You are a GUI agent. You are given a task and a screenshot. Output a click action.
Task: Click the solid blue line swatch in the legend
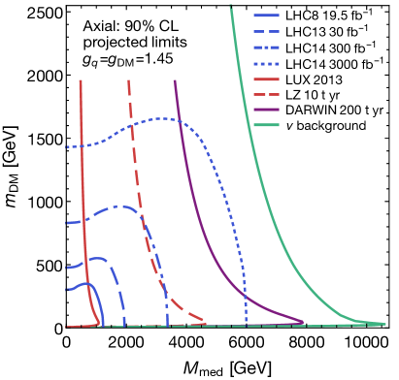click(x=267, y=16)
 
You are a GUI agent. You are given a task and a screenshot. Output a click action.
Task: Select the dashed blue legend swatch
click(x=267, y=32)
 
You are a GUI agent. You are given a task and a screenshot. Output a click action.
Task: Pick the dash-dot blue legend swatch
click(x=267, y=47)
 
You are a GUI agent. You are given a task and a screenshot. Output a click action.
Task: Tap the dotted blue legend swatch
click(x=267, y=63)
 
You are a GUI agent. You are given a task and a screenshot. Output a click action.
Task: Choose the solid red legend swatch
click(x=267, y=79)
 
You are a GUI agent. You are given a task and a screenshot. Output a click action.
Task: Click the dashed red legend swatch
click(x=267, y=94)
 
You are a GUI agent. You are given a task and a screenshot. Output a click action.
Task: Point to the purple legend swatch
click(x=267, y=110)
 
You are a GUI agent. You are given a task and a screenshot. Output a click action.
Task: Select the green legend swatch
click(x=267, y=125)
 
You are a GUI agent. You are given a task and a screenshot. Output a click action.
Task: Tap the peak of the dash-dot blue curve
click(x=121, y=206)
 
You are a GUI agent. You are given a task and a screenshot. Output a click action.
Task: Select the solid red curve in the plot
click(x=85, y=194)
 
